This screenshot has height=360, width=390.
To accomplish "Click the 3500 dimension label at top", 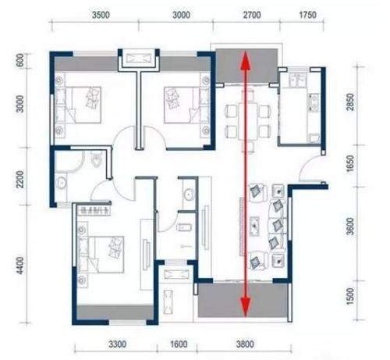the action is tap(101, 15).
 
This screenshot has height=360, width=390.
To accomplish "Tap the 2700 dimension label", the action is tap(252, 15).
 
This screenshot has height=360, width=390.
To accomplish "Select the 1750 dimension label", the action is tap(307, 15).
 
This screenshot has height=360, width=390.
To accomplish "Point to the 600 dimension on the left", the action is tap(20, 60).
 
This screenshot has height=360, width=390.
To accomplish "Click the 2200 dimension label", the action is tap(20, 180).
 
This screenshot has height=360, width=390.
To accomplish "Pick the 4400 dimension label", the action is tap(20, 266).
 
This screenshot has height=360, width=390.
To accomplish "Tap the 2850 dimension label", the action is tap(350, 102).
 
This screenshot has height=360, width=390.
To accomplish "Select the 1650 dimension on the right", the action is tap(350, 163).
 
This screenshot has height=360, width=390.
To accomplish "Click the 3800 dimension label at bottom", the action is tap(245, 344).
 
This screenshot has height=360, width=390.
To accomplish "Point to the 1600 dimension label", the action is tap(179, 344).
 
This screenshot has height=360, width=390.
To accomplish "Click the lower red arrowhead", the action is tap(246, 308).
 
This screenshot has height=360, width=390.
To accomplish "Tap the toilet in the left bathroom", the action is tap(96, 160).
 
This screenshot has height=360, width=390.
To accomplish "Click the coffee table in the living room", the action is tap(255, 226).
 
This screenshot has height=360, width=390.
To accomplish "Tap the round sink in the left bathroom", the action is tap(62, 182).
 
